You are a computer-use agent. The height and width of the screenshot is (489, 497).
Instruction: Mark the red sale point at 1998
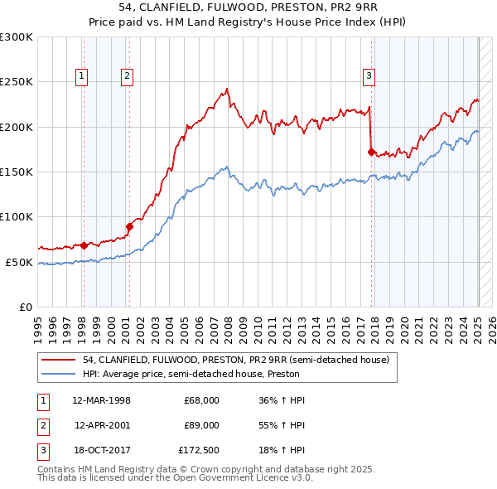click(84, 245)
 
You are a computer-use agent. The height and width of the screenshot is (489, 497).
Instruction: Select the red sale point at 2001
click(130, 226)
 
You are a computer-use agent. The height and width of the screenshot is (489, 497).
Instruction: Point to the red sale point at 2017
click(371, 152)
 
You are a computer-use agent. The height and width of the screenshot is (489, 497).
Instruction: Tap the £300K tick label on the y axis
click(17, 37)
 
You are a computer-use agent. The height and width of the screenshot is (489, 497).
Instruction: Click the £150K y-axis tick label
click(17, 172)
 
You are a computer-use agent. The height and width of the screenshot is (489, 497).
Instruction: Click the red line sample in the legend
click(58, 360)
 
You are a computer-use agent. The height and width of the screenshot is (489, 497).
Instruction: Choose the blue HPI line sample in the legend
click(58, 374)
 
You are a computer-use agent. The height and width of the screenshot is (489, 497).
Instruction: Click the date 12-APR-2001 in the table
click(102, 426)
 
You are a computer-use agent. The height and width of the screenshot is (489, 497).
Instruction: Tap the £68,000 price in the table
click(201, 399)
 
